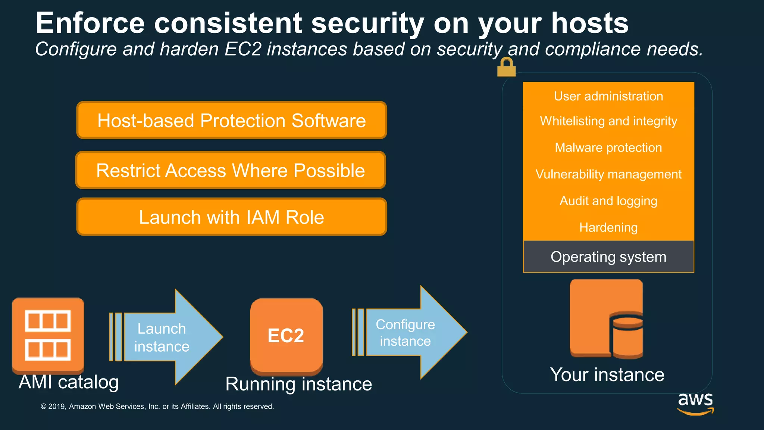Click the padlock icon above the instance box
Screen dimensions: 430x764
pyautogui.click(x=506, y=68)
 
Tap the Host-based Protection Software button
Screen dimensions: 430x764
pyautogui.click(x=232, y=120)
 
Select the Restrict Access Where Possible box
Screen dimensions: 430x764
pyautogui.click(x=231, y=170)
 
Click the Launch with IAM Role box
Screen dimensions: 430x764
pyautogui.click(x=232, y=217)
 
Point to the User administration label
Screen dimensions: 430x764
pyautogui.click(x=608, y=96)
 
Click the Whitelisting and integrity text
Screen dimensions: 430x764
pyautogui.click(x=608, y=121)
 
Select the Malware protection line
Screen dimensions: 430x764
pyautogui.click(x=608, y=147)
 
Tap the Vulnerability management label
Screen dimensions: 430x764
pyautogui.click(x=608, y=174)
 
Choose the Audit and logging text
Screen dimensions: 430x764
pyautogui.click(x=608, y=201)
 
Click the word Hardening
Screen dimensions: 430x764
pyautogui.click(x=608, y=227)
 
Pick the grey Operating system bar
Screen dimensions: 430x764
pyautogui.click(x=608, y=257)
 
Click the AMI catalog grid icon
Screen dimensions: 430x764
pyautogui.click(x=48, y=335)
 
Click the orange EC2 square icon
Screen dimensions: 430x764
pyautogui.click(x=286, y=336)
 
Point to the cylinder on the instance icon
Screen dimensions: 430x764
pyautogui.click(x=627, y=336)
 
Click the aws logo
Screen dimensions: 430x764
pyautogui.click(x=695, y=403)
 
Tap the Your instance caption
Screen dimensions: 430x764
pyautogui.click(x=607, y=374)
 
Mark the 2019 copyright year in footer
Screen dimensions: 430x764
pyautogui.click(x=57, y=406)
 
